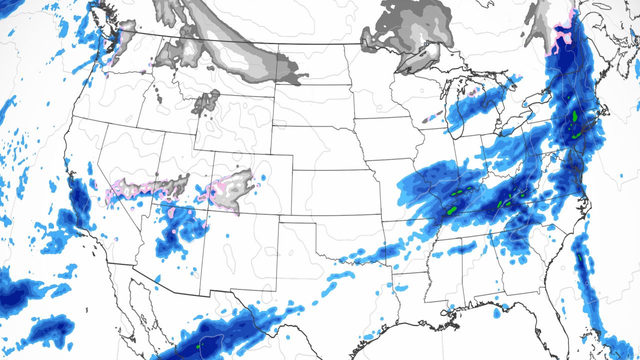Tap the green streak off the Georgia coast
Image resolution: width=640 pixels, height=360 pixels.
pyautogui.click(x=580, y=258)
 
